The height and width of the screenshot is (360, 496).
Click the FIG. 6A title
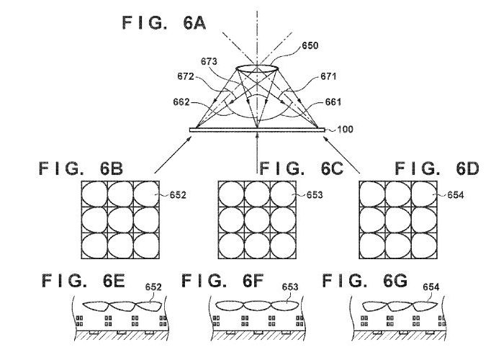pos(164,23)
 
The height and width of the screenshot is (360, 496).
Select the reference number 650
pos(310,45)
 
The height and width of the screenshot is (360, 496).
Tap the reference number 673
pos(209,61)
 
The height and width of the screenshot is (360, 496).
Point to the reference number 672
pos(186,76)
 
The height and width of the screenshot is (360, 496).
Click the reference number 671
pos(328,76)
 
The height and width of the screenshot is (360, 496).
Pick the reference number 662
pos(181,102)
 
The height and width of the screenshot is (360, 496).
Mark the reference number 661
pos(333,102)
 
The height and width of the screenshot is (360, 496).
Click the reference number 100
pos(346,130)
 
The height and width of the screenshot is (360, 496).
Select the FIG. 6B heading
pos(81,168)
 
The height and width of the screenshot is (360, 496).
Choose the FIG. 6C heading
pos(301,168)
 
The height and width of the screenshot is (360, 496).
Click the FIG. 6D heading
pos(437,168)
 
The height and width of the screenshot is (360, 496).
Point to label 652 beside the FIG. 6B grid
pos(178,195)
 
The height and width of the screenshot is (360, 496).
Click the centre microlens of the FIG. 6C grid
pos(258,220)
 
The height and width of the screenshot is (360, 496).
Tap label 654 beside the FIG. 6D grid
pos(456,195)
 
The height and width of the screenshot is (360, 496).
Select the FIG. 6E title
pos(84,281)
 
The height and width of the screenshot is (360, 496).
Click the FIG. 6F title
pos(222,281)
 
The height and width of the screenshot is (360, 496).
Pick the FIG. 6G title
pos(365,281)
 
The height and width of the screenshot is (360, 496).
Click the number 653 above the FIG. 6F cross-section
pos(290,287)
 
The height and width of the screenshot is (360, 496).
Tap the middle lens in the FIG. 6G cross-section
pos(400,306)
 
